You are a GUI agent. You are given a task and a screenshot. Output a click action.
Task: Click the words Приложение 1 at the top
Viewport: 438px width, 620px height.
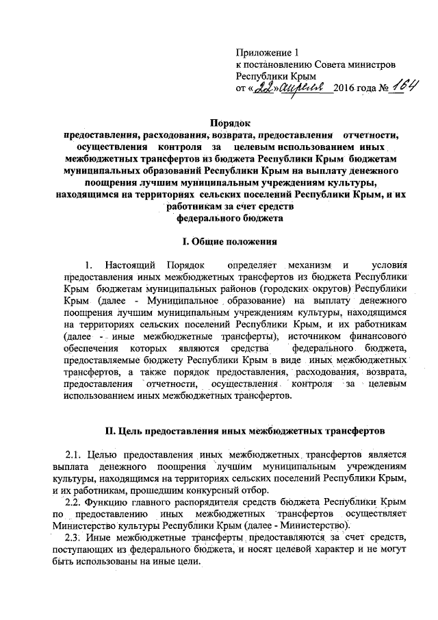268,52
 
